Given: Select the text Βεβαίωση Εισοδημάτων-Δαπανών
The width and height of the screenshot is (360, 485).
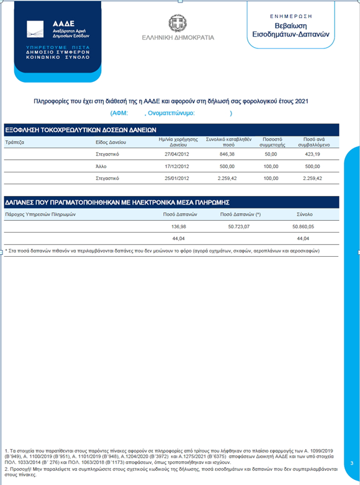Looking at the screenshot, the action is click(295, 29).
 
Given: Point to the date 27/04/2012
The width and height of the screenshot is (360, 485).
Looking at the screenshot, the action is click(173, 153).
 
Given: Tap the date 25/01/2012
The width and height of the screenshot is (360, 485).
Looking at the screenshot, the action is click(173, 178).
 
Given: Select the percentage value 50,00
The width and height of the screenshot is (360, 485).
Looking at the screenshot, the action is click(271, 153).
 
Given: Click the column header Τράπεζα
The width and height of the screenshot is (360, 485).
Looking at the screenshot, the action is click(14, 142).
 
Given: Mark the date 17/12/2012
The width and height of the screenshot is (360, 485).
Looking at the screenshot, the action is click(173, 166).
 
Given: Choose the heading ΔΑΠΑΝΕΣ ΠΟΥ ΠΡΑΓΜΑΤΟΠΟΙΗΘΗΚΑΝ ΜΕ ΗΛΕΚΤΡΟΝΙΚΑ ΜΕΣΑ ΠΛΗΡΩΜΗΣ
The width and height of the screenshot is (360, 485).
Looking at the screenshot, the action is click(117, 202).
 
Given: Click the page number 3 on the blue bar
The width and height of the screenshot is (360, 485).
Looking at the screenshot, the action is click(351, 463).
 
